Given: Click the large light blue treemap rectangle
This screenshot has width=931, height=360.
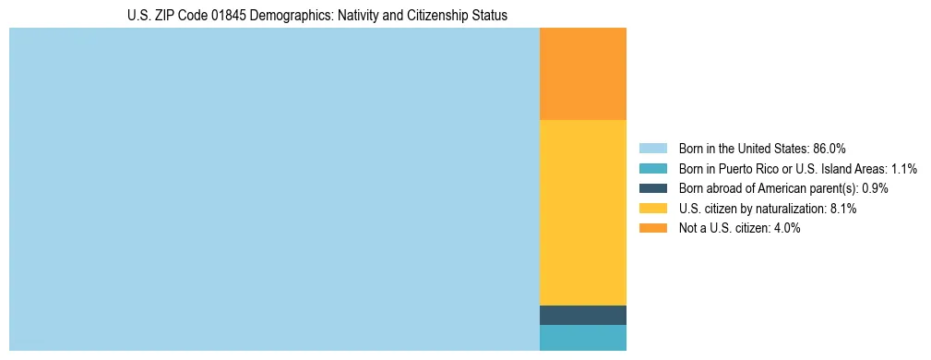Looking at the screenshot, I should (x=274, y=189).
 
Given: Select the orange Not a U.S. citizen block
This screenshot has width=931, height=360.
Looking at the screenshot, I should (x=582, y=74).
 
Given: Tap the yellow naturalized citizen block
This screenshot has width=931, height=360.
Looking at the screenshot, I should (x=582, y=212).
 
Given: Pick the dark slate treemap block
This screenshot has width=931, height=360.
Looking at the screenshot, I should (x=582, y=315).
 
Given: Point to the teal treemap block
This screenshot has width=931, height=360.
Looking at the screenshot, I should (x=582, y=338).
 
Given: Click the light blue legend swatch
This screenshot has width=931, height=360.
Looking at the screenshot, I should (x=652, y=149).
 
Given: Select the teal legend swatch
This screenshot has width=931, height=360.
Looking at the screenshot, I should (x=652, y=169).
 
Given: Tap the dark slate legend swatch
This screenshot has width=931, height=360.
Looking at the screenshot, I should (x=652, y=188).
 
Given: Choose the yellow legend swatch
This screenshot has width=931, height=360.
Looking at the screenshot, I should (x=652, y=209).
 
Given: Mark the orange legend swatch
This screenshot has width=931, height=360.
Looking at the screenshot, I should (x=652, y=229).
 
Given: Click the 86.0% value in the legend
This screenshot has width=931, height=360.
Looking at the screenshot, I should (x=830, y=149).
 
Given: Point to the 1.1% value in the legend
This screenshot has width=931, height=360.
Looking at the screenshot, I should (x=904, y=169).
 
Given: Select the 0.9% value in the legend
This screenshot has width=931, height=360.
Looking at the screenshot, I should (x=876, y=188).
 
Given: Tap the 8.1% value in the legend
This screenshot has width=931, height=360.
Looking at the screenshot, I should (x=843, y=209).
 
